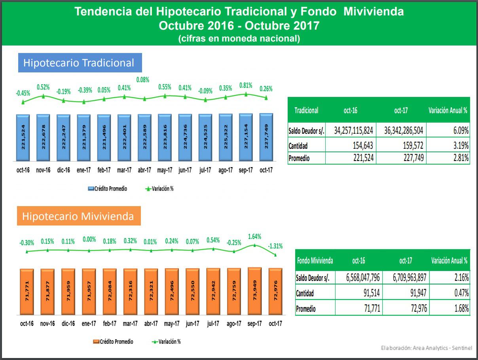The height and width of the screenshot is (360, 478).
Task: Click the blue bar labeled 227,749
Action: [x=266, y=137]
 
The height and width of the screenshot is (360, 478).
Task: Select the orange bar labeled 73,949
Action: [x=254, y=292]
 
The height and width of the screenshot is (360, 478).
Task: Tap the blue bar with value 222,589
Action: [x=144, y=138]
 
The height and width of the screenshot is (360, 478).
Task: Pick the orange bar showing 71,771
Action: [x=27, y=292]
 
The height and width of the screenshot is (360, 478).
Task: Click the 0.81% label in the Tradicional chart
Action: [x=246, y=85]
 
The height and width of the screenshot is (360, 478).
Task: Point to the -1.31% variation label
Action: [x=275, y=246]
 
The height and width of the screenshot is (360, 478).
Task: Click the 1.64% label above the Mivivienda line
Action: [x=254, y=237]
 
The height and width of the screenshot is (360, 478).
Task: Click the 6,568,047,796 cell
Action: [x=358, y=278]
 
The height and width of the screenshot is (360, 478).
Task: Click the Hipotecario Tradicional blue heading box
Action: [x=80, y=63]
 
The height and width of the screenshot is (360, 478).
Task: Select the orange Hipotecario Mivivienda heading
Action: [x=78, y=216]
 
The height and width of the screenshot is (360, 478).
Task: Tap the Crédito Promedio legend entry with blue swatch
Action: [x=108, y=189]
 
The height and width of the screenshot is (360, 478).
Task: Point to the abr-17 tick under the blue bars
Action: [x=144, y=171]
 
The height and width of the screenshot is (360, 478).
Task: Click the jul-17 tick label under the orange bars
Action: [x=213, y=324]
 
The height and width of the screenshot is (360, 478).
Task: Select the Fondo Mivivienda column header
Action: [x=315, y=260]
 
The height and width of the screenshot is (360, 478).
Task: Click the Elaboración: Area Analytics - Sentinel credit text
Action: [x=427, y=348]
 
